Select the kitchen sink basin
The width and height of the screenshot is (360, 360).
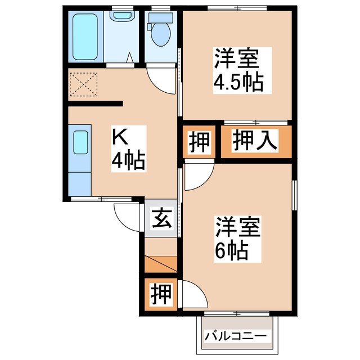click(x=80, y=143)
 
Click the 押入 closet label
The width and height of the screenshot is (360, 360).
click(x=256, y=140)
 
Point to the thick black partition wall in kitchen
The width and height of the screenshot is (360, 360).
click(x=95, y=103)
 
